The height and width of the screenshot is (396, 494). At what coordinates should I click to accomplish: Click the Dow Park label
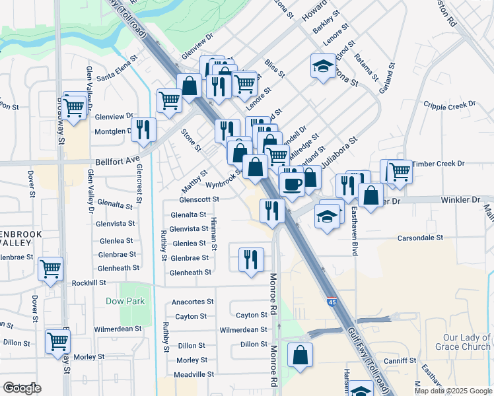(x=125, y=301)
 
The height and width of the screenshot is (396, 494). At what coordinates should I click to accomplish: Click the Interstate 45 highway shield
(x=331, y=302)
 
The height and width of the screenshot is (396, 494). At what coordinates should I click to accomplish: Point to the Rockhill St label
(x=89, y=282)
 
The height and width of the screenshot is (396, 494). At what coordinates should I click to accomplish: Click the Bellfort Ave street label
(x=118, y=160)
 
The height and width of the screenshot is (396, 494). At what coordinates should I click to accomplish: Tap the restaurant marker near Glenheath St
(x=251, y=259)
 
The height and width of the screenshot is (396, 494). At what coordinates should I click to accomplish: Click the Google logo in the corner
(x=22, y=388)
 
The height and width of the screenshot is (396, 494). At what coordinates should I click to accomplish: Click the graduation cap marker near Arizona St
(x=323, y=67)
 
